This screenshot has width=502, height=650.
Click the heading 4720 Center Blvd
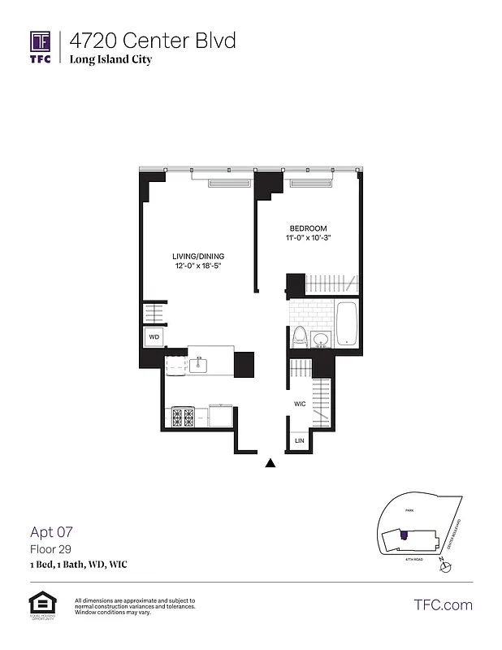coord(153,40)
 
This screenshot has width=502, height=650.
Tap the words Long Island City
coord(110,59)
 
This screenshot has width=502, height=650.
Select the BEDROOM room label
coord(309,228)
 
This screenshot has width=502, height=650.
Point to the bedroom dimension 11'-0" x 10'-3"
coord(309,238)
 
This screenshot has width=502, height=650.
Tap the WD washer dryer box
coord(153,336)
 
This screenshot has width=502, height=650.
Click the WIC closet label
coord(299,404)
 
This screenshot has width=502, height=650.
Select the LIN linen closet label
coord(299,440)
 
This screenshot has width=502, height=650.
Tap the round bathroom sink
coord(321,339)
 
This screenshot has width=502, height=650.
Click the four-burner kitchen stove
coord(184,417)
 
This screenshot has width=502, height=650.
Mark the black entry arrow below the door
coord(271,463)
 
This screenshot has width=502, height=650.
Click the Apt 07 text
coord(52,532)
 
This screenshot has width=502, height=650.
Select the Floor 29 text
coord(48,549)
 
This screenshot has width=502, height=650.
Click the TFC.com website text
coord(443,604)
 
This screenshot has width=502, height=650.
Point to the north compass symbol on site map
coord(444,566)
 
